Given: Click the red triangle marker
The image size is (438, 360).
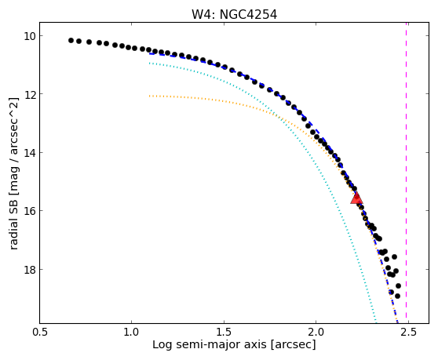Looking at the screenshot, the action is coord(356,198).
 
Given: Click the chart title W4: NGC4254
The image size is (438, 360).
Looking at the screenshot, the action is coord(234,15).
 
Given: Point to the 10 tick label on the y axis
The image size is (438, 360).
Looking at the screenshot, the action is coord(30,36).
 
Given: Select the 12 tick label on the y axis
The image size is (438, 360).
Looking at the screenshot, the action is coord(30,94).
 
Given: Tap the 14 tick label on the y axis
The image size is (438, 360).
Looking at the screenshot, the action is coord(30,153).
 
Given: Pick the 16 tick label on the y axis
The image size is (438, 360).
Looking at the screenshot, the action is coord(30,211).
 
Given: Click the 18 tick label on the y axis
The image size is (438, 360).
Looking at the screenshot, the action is coord(30,270).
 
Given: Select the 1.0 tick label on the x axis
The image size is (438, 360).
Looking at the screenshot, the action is coord(132,333).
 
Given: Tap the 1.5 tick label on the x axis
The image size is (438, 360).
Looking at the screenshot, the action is coord(224,333).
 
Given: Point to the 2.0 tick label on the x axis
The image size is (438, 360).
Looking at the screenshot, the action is coord(316,333).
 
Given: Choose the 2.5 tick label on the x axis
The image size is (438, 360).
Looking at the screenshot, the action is coord(408,333).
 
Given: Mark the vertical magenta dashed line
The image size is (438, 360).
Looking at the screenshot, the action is coord(406,173).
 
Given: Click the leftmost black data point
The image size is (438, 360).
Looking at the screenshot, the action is coord(71,41).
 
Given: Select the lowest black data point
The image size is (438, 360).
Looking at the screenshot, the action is coord(397,296).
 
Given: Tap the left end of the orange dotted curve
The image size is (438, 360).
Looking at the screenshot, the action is coord(150,96).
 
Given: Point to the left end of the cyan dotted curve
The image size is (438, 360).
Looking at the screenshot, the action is coord(150,64).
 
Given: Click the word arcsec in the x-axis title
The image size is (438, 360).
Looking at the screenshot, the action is coord(293,345).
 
